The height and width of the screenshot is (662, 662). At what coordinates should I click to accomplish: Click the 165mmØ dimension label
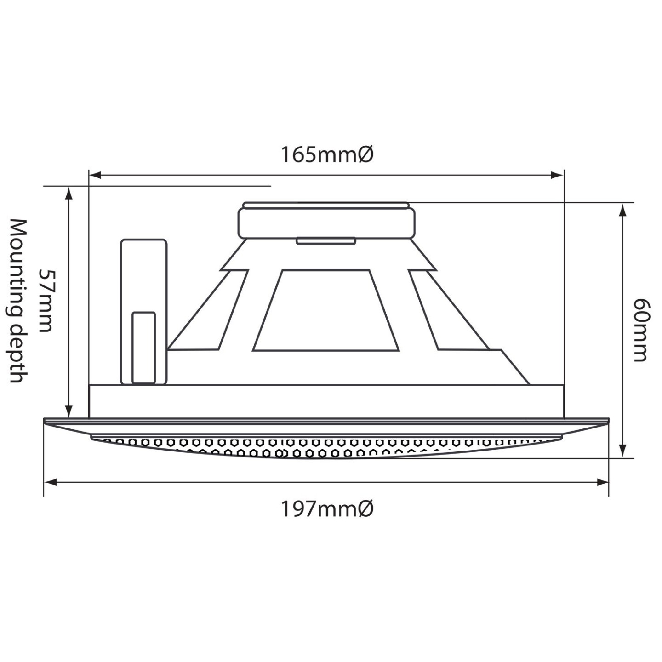click(x=327, y=155)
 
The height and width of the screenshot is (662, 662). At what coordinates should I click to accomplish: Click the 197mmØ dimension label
click(x=327, y=509)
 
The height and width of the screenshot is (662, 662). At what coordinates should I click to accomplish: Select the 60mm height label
click(x=640, y=330)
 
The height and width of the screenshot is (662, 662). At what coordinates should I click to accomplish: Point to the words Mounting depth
click(x=18, y=301)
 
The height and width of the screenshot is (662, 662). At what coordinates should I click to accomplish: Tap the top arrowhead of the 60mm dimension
click(x=623, y=210)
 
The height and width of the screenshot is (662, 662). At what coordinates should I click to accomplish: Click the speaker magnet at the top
click(x=326, y=222)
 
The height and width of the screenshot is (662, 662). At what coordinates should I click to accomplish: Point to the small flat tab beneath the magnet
click(x=326, y=240)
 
